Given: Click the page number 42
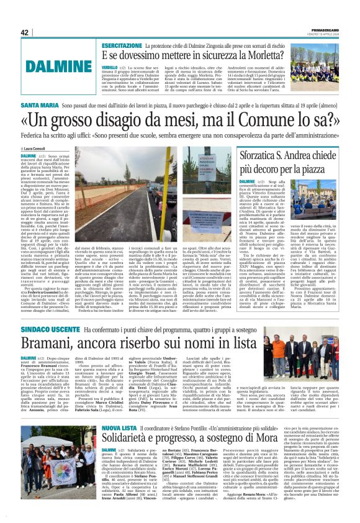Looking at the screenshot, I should [x=25, y=32].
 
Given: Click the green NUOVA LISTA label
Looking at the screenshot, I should [x=119, y=428].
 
